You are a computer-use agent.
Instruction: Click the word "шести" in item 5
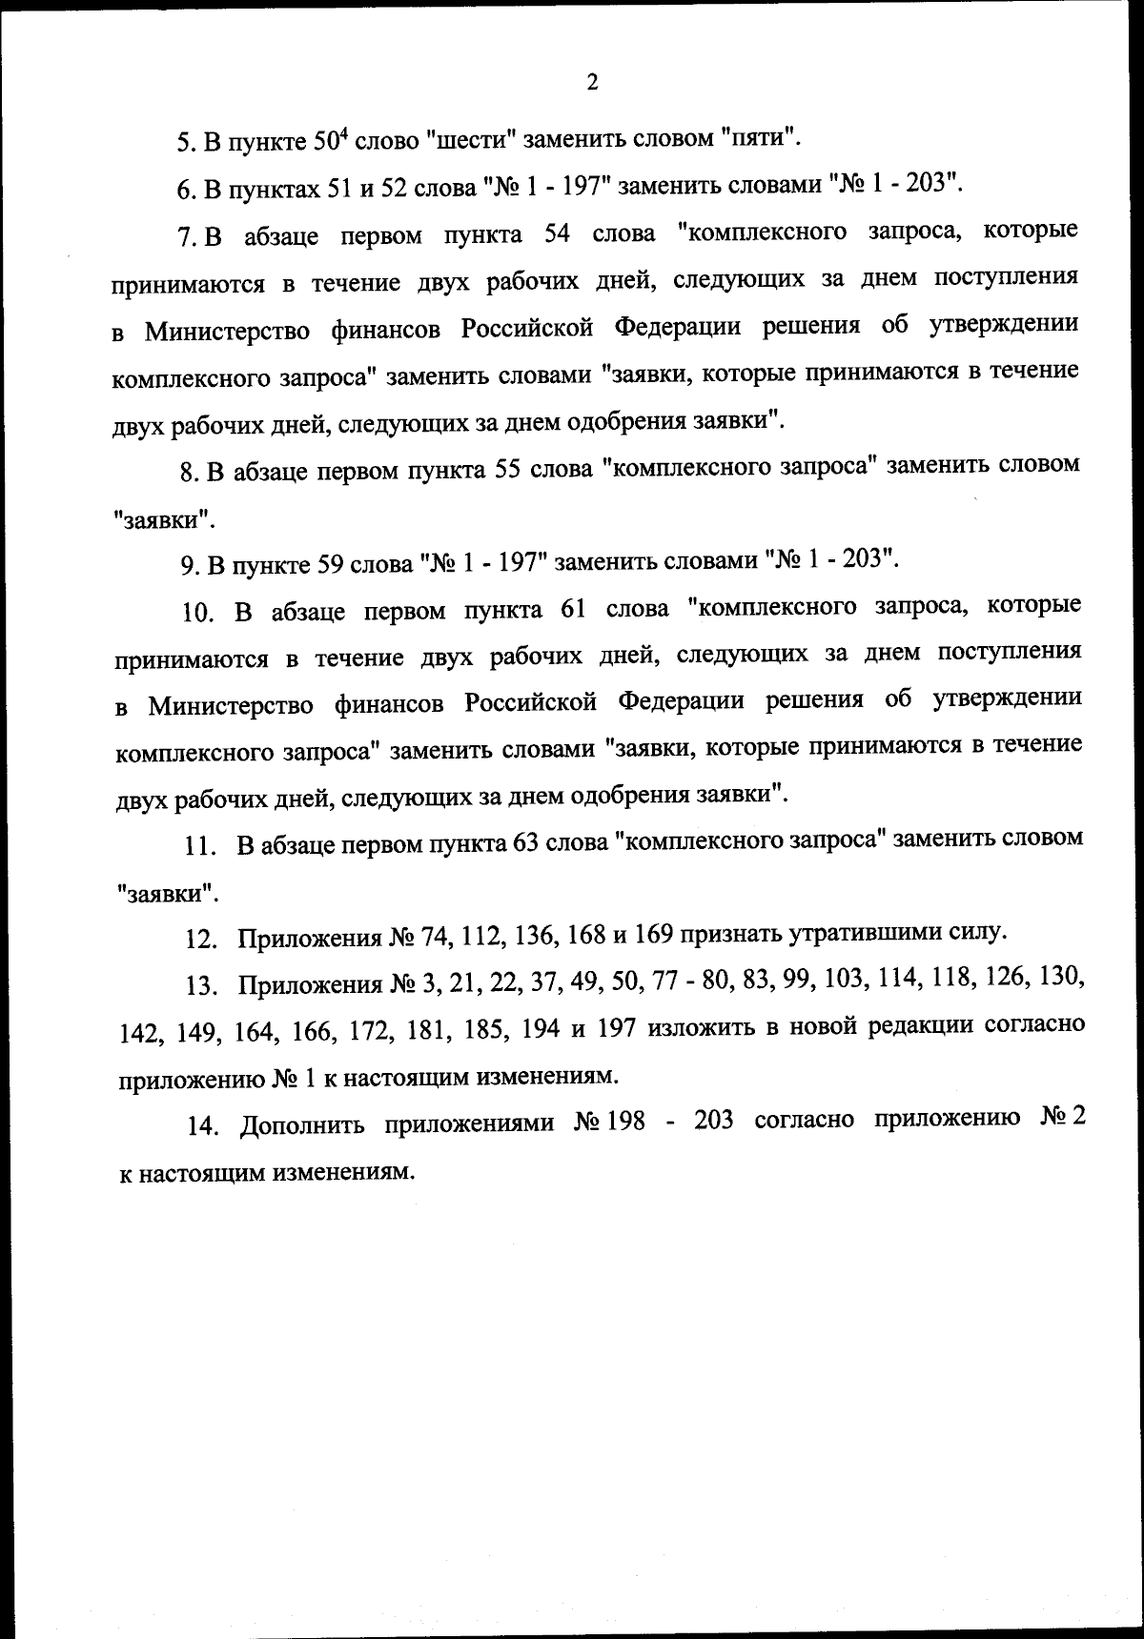pyautogui.click(x=468, y=140)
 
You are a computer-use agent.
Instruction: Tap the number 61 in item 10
pyautogui.click(x=564, y=609)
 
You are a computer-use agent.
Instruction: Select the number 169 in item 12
pyautogui.click(x=654, y=935)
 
